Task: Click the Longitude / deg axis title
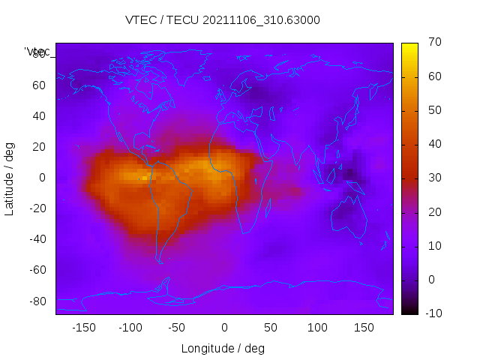click(223, 349)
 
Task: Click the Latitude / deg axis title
click(10, 178)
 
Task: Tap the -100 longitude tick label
click(130, 328)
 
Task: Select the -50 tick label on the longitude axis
click(177, 328)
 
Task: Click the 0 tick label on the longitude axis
click(224, 328)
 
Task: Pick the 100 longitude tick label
click(318, 328)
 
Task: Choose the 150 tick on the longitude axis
click(364, 328)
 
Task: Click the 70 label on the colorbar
click(433, 43)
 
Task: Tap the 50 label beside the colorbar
click(433, 110)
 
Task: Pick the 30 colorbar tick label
click(433, 178)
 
